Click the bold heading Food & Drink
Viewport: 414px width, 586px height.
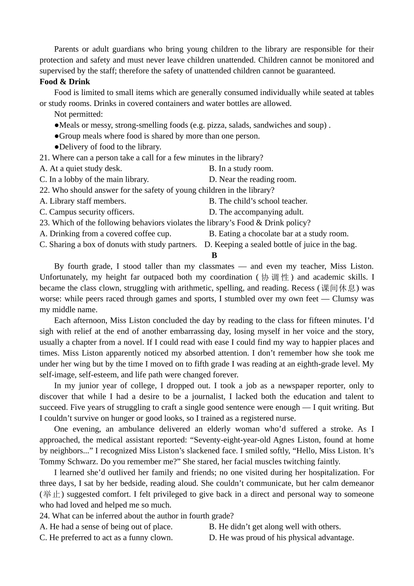coord(64,82)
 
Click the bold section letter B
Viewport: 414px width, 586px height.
coord(214,256)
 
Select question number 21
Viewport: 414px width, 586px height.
coord(44,157)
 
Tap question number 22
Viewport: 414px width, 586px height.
coord(44,190)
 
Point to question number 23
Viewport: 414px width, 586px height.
coord(44,223)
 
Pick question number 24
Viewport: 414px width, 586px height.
coord(44,516)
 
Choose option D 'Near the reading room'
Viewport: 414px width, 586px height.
coord(252,179)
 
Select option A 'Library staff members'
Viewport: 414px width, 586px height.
coord(82,201)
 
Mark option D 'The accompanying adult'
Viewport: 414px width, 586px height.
coord(256,212)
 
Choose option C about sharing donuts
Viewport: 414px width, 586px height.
coord(118,245)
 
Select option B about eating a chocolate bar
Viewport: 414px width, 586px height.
coord(278,234)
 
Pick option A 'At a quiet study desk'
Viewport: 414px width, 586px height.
coord(81,168)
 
